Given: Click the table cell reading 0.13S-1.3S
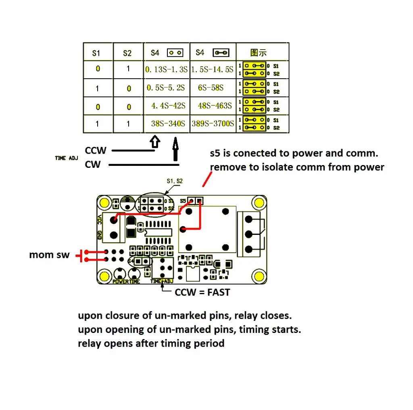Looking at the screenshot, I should (x=167, y=69).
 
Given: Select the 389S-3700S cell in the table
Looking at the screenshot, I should (x=213, y=123).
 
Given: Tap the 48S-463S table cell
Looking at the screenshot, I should (x=215, y=106).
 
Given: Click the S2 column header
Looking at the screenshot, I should (x=127, y=53).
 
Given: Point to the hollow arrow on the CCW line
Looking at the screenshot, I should (x=155, y=141).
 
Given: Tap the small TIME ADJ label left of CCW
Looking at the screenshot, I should (x=66, y=158).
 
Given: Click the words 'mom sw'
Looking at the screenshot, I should (x=49, y=255).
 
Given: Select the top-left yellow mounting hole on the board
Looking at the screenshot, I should (x=105, y=202).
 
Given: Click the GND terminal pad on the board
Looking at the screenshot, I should (x=115, y=235).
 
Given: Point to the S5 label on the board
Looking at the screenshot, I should (x=184, y=200).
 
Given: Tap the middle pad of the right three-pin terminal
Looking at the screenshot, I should (x=249, y=234).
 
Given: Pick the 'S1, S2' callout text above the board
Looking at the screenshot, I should (x=174, y=181).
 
